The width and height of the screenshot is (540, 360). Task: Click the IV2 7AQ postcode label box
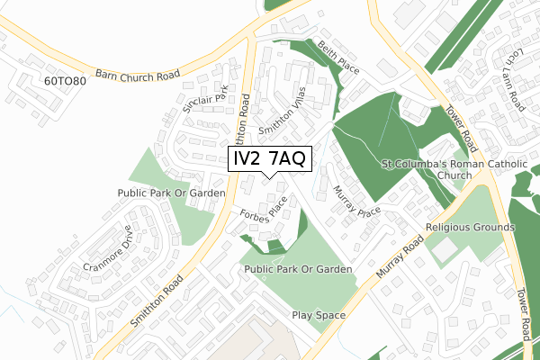click(270, 159)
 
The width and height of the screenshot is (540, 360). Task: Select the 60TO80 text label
click(64, 81)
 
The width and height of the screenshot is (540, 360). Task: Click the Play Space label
click(319, 316)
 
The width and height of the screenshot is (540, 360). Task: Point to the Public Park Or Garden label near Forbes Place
click(297, 269)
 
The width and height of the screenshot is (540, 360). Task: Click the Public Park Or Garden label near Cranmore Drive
click(171, 193)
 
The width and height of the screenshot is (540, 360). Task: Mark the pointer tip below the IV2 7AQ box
click(270, 177)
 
